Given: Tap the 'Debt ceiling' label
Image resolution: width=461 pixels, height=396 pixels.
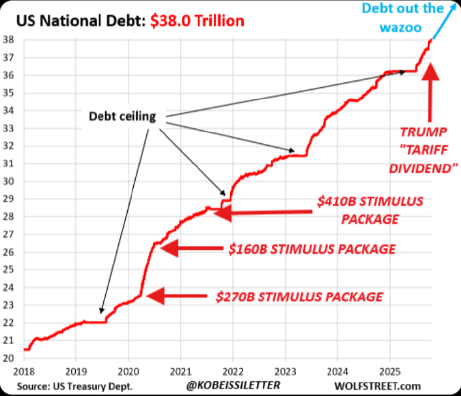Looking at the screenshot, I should coord(122,117).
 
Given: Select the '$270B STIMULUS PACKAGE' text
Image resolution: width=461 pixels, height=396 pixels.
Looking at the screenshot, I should coord(299,297).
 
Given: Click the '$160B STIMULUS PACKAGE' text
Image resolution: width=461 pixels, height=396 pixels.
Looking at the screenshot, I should coord(312,249).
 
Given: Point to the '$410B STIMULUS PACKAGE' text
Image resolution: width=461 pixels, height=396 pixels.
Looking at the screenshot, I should coord(369,209).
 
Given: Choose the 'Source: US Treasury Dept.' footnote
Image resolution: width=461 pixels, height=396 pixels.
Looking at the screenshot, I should coord(74,385).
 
